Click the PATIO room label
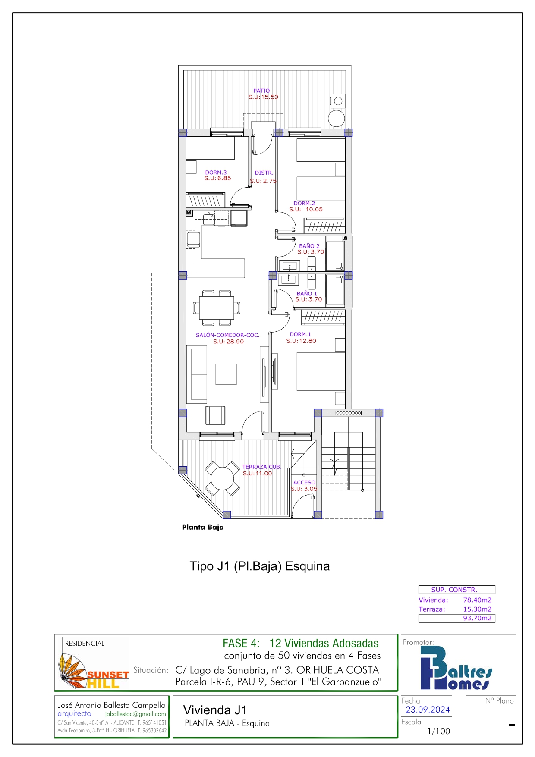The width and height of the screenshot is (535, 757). pyautogui.click(x=261, y=91)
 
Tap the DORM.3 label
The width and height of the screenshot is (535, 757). pyautogui.click(x=216, y=173)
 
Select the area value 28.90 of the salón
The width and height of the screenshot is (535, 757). pyautogui.click(x=235, y=342)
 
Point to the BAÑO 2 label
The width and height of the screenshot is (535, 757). pyautogui.click(x=309, y=246)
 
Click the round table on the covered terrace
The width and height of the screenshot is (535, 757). pyautogui.click(x=222, y=478)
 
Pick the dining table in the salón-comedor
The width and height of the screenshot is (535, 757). pyautogui.click(x=217, y=308)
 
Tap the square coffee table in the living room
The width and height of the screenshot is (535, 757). pyautogui.click(x=226, y=374)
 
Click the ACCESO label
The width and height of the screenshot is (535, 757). pyautogui.click(x=305, y=482)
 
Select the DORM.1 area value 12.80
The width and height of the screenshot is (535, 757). pyautogui.click(x=308, y=341)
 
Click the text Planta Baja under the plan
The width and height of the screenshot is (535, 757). pyautogui.click(x=203, y=527)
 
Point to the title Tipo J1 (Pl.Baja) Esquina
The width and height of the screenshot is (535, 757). pyautogui.click(x=260, y=566)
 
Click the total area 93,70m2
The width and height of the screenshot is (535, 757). pyautogui.click(x=477, y=618)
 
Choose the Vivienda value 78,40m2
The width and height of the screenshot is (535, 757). pyautogui.click(x=477, y=600)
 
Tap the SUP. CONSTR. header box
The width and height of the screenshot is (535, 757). pyautogui.click(x=457, y=590)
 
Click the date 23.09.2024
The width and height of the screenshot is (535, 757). pyautogui.click(x=428, y=710)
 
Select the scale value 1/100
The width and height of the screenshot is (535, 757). pyautogui.click(x=438, y=731)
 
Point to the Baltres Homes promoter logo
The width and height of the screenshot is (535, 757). pyautogui.click(x=456, y=668)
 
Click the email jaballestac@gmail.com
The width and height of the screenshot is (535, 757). pyautogui.click(x=135, y=714)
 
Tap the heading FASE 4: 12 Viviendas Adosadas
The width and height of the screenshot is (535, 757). pyautogui.click(x=301, y=643)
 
